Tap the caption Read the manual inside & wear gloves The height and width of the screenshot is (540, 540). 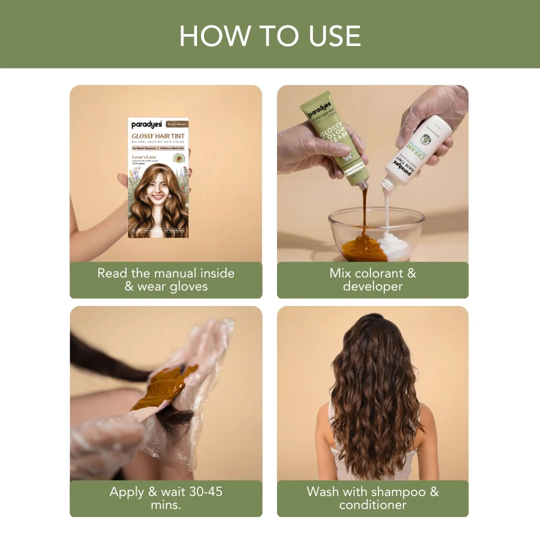click(165, 279)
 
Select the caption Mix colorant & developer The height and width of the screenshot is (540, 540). click(372, 279)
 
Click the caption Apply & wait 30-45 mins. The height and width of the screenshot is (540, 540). click(165, 498)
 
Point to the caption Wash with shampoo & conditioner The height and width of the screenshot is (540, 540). click(372, 498)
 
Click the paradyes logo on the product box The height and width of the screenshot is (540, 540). click(146, 124)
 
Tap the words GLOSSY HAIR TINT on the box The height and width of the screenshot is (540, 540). click(159, 136)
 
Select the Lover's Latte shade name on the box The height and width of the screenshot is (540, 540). click(144, 157)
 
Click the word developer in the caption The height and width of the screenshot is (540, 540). click(372, 286)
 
